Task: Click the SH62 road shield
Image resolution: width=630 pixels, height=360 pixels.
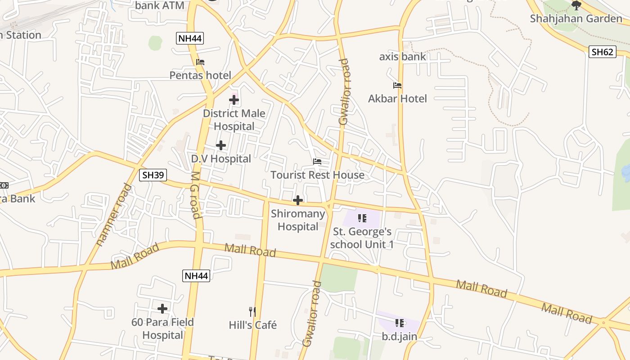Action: click(602, 52)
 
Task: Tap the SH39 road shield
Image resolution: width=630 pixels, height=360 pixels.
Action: click(153, 175)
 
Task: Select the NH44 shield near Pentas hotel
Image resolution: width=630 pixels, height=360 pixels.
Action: click(190, 38)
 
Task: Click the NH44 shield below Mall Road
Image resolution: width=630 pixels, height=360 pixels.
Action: click(196, 275)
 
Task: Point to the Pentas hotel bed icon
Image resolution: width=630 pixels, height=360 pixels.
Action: click(200, 62)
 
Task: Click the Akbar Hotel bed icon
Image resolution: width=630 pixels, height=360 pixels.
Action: click(397, 85)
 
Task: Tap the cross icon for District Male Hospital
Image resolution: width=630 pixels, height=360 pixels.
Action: click(234, 100)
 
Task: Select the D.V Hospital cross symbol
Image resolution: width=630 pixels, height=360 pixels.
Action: click(221, 145)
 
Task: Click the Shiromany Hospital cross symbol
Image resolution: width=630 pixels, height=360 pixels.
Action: click(298, 200)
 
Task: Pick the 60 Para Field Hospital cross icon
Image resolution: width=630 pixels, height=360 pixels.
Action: click(162, 309)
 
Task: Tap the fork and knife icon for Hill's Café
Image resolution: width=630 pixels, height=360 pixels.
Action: click(252, 311)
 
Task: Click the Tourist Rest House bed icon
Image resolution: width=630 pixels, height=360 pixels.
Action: click(317, 162)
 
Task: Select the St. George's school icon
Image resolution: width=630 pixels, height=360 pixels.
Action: click(362, 219)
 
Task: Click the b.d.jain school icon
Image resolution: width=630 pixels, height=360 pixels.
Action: click(399, 323)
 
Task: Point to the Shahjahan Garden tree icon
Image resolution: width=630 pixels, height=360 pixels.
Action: click(576, 5)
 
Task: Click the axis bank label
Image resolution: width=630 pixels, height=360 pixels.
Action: click(402, 57)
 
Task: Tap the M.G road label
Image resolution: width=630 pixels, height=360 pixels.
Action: click(195, 195)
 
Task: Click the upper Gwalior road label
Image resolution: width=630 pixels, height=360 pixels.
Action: click(344, 92)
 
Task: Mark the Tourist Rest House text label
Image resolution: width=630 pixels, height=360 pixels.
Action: click(317, 175)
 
